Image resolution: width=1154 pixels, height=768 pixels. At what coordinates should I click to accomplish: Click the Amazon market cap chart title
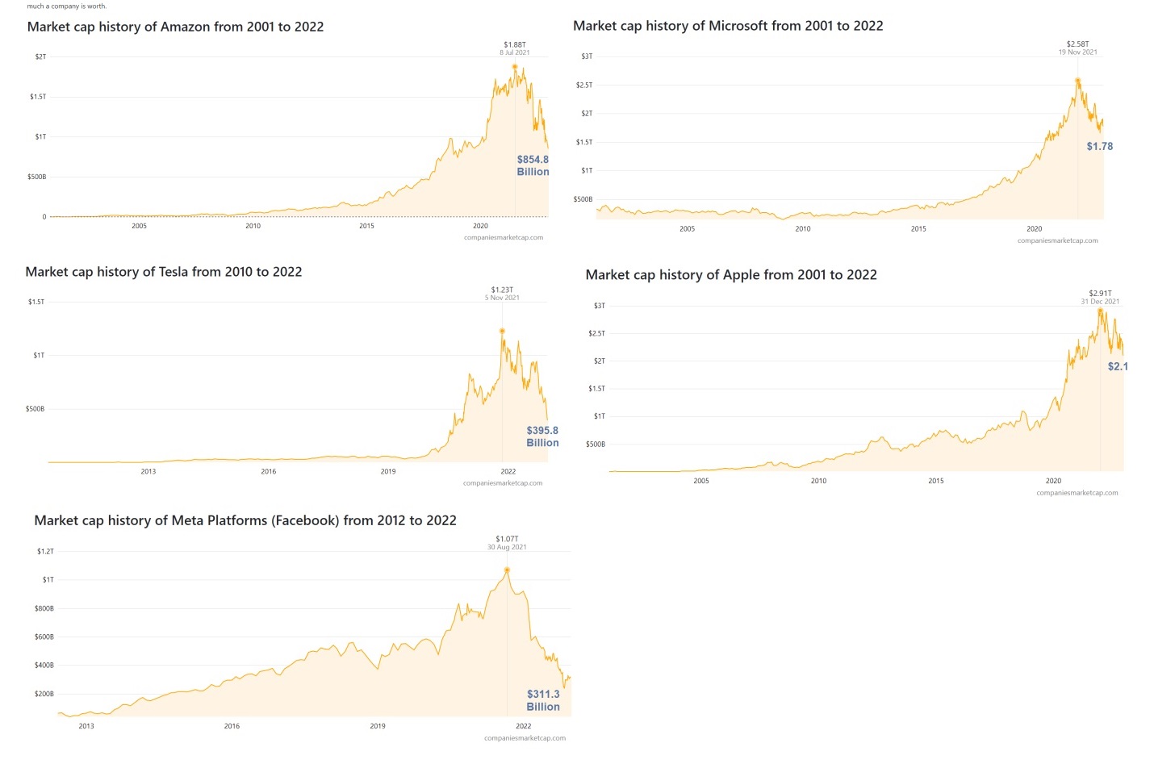(x=175, y=27)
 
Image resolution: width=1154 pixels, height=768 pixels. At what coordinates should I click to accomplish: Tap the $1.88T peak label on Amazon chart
(x=514, y=44)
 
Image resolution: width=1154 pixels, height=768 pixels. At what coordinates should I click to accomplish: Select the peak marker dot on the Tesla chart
(x=502, y=331)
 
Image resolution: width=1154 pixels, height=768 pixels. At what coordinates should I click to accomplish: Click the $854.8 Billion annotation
(x=533, y=165)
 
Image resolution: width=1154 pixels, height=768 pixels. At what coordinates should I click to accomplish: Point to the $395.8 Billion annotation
(x=542, y=436)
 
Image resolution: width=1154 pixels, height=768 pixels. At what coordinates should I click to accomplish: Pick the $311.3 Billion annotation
(x=543, y=700)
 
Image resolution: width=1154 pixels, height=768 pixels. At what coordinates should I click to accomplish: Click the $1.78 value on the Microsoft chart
(x=1099, y=146)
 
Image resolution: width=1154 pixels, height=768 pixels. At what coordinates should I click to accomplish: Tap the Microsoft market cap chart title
(x=727, y=26)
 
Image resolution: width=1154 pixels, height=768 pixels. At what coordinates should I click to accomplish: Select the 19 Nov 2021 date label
(x=1077, y=52)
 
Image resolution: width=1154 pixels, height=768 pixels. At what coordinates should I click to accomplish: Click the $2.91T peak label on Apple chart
(x=1100, y=293)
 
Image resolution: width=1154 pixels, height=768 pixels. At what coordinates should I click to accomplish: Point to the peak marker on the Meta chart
(x=507, y=570)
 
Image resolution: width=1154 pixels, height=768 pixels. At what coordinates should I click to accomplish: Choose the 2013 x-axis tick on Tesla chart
(x=148, y=471)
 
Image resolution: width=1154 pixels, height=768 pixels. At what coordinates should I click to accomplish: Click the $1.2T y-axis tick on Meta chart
(x=45, y=552)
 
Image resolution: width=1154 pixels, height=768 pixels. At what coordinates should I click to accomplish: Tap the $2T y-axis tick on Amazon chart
(x=40, y=56)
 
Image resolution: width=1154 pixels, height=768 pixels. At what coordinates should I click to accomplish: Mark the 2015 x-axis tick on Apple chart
(x=935, y=481)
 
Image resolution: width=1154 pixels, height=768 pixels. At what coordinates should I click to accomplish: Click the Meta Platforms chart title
(x=245, y=520)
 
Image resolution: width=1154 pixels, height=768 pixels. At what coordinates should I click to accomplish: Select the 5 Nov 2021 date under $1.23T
(x=502, y=298)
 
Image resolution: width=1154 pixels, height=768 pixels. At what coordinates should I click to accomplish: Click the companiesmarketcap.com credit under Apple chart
(x=1077, y=493)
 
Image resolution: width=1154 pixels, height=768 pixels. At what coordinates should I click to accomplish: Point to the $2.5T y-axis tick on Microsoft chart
(x=583, y=85)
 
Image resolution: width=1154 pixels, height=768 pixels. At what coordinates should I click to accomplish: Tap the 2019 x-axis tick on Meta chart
(x=377, y=726)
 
